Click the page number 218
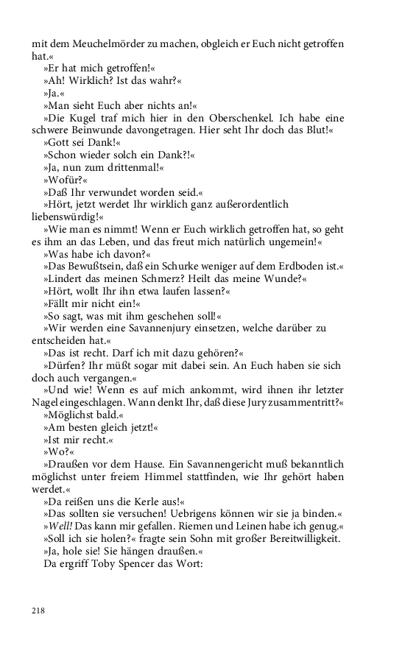[38, 610]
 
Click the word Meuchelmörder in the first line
[96, 43]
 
